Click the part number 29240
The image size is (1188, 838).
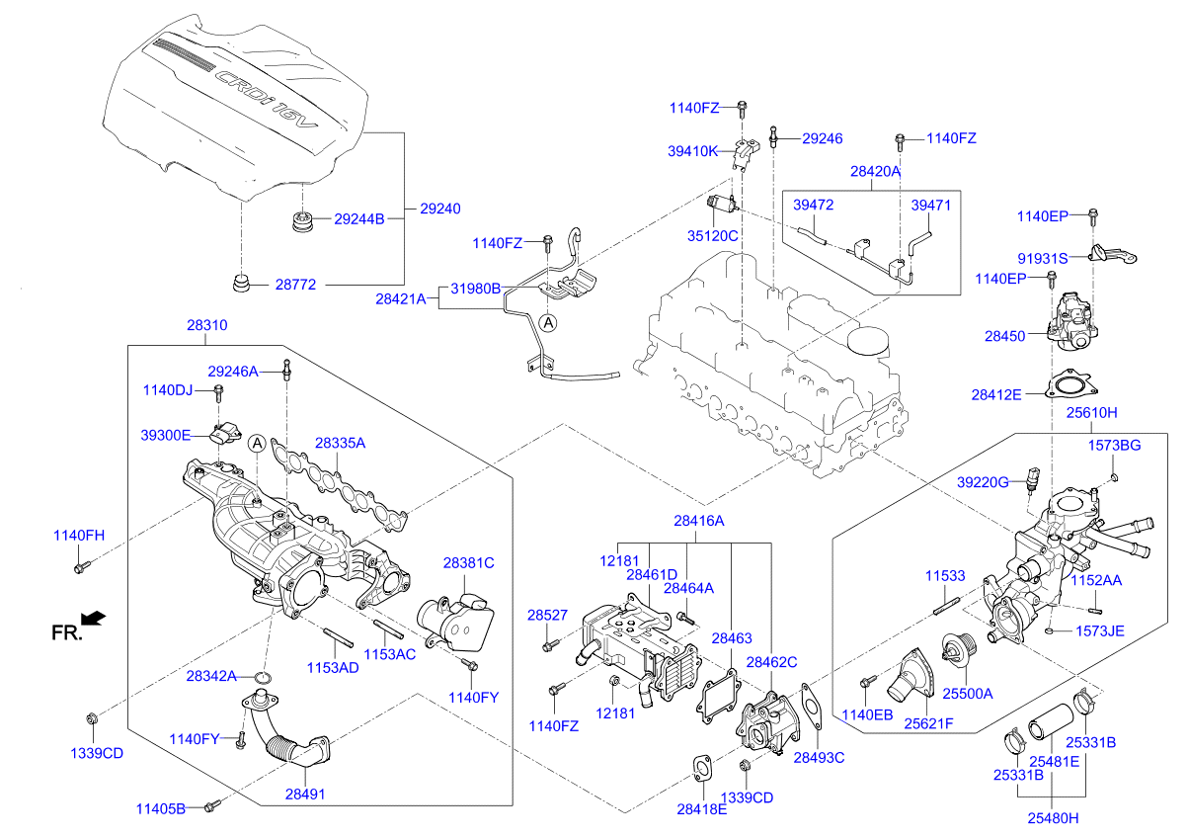tap(440, 209)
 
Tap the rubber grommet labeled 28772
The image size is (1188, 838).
tap(240, 284)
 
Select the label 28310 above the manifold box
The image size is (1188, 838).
tap(206, 324)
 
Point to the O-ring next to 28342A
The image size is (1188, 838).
tap(264, 677)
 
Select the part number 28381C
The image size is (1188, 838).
tap(468, 563)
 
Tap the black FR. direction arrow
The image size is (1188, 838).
tap(93, 619)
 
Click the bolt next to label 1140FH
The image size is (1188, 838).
tap(80, 567)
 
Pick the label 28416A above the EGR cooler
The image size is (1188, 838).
tap(699, 520)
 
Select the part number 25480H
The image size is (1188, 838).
tap(1052, 817)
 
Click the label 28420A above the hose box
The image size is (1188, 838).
tap(875, 171)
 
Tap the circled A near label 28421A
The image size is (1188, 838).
tap(548, 322)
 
